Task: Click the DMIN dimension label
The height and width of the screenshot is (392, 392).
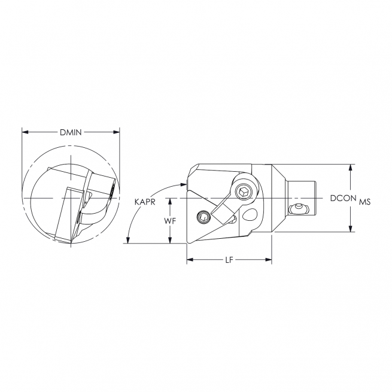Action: click(x=71, y=132)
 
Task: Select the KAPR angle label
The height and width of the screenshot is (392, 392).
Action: click(x=145, y=203)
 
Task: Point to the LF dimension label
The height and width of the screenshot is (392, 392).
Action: click(x=229, y=260)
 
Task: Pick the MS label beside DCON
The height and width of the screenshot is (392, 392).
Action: click(x=365, y=202)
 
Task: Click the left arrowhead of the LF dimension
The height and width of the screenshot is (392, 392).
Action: click(x=190, y=260)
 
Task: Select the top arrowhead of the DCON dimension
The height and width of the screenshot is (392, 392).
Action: click(x=351, y=167)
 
